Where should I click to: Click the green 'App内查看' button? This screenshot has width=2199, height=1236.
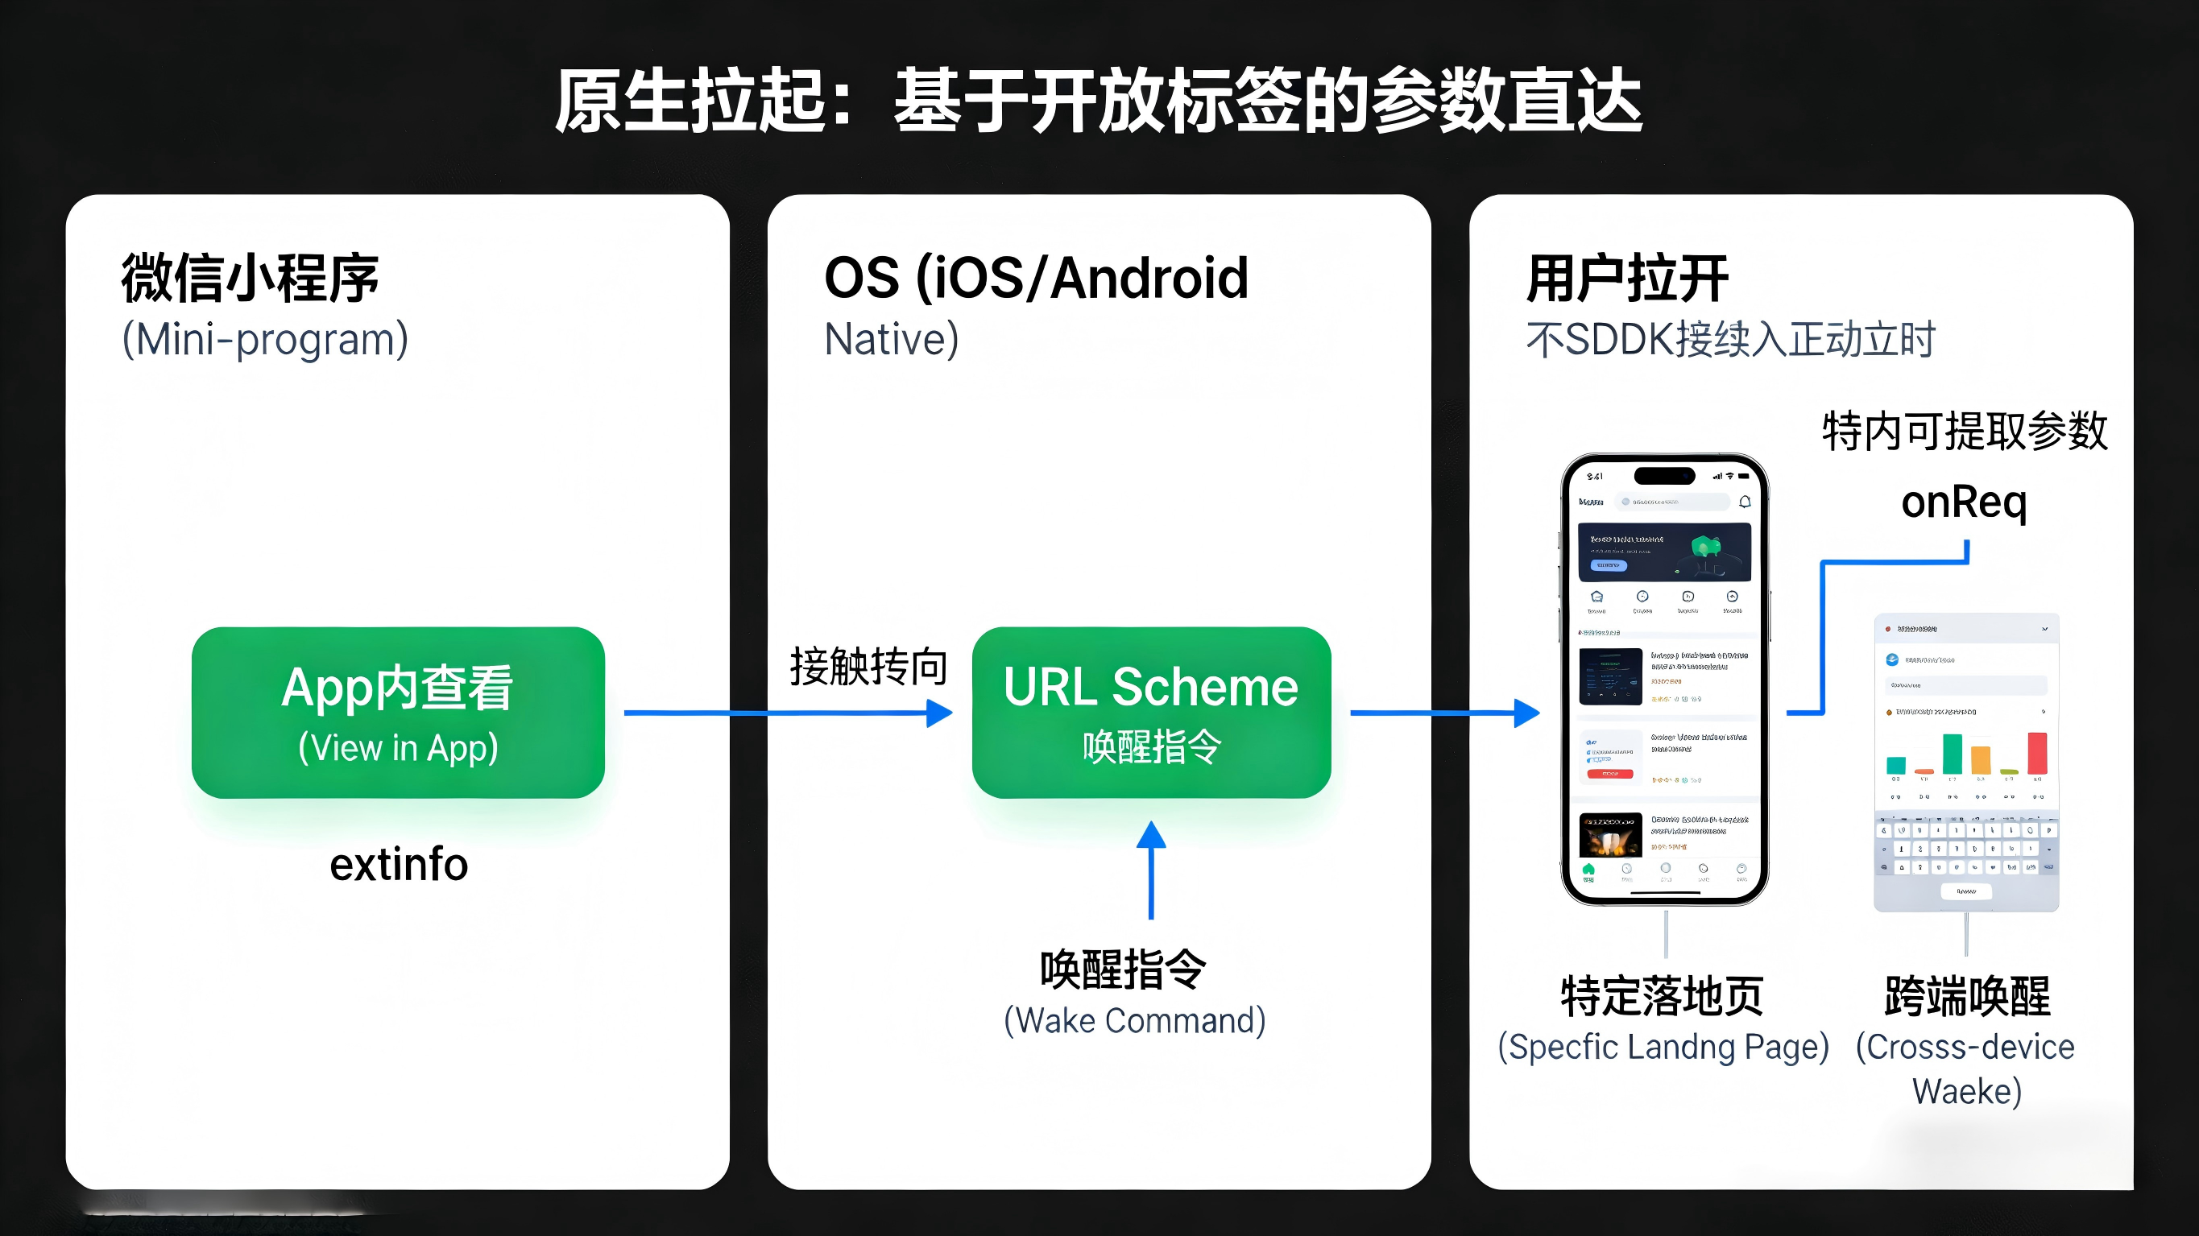(398, 713)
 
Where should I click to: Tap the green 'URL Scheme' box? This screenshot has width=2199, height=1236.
(1151, 713)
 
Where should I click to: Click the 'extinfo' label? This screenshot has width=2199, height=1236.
(399, 864)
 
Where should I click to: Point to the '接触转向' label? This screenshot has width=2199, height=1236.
(868, 667)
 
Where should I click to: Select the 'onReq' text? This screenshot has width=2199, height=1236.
(1964, 502)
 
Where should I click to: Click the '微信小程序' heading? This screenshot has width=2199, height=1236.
(251, 279)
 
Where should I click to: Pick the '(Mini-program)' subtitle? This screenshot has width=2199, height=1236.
(265, 340)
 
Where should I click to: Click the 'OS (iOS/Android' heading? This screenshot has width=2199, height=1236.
(1036, 279)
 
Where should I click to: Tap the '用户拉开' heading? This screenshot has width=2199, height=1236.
(1627, 279)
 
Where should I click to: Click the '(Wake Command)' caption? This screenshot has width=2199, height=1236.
(1134, 1021)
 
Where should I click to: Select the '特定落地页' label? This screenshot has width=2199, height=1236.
(1662, 995)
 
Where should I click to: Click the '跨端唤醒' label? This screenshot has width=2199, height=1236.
(1967, 995)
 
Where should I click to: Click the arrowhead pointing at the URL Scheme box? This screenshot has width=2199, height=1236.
(939, 713)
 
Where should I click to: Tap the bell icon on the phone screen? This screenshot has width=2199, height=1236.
(1745, 502)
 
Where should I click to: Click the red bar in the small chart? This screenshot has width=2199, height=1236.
(2037, 753)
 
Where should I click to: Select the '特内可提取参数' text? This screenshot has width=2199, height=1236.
(1965, 431)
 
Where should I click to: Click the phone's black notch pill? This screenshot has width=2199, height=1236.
(1664, 475)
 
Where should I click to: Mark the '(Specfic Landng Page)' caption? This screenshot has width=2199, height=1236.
(1663, 1047)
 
